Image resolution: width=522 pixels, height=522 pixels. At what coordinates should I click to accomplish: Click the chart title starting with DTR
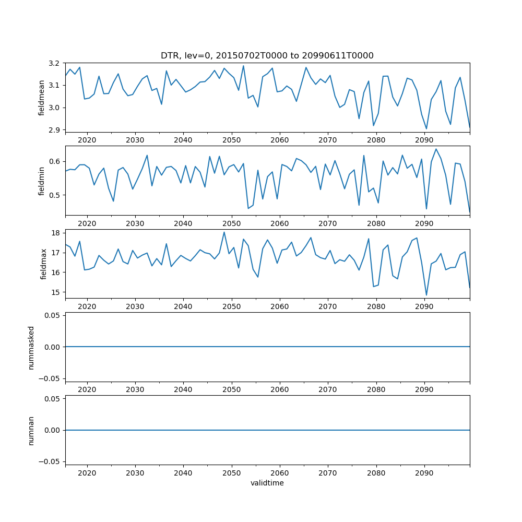pos(267,55)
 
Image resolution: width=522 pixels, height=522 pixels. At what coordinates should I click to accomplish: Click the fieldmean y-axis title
pos(42,98)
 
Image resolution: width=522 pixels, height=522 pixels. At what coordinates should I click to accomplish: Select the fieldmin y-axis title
pos(42,181)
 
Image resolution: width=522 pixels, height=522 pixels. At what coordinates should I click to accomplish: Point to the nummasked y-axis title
pos(31,347)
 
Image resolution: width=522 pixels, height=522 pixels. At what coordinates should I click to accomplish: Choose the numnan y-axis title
pos(31,430)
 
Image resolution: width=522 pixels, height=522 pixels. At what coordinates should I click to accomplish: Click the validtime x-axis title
pos(267,483)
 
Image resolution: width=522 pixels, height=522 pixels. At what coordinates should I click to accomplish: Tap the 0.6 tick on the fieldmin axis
pos(54,161)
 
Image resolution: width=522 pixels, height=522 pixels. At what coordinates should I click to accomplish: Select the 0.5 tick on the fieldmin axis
pos(54,195)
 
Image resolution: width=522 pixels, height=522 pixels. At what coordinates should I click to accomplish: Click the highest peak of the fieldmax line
pos(224,232)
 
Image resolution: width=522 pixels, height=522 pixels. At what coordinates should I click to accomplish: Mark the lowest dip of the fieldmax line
pos(426,295)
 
